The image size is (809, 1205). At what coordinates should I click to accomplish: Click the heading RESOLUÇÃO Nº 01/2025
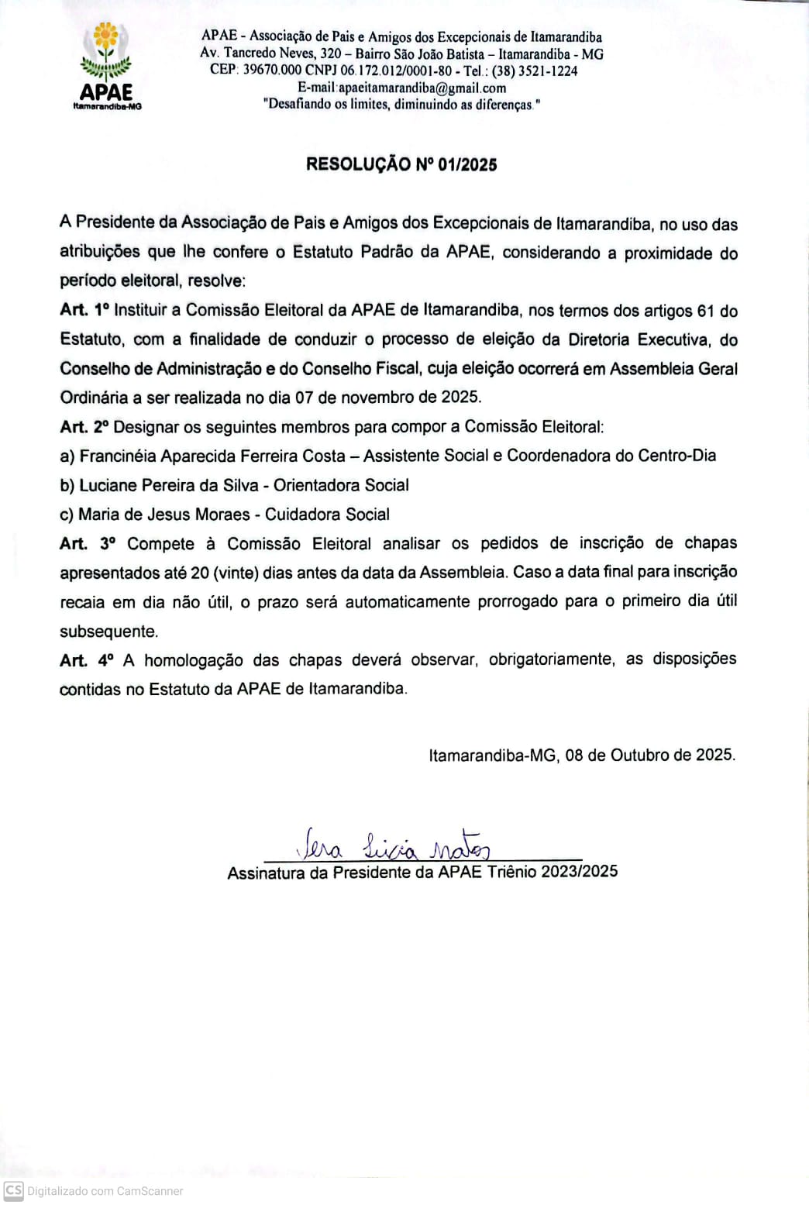point(401,164)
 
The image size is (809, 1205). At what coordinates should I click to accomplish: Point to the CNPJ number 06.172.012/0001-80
point(396,71)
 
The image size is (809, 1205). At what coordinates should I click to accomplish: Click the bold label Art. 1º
point(84,311)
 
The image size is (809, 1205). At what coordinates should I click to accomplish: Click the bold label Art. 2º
point(84,427)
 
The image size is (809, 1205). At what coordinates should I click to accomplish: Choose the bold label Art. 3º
point(87,544)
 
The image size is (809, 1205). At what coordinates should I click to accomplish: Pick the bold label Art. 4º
point(86,660)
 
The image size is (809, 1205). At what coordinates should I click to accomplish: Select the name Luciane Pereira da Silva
point(168,485)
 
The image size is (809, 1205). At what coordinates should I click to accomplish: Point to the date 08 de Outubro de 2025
point(650,755)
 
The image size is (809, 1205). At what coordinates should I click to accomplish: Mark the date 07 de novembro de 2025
point(387,398)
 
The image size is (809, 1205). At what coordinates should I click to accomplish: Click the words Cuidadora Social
point(327,515)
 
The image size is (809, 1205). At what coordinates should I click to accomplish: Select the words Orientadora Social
point(341,485)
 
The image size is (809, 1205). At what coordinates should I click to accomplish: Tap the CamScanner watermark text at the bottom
point(105,1191)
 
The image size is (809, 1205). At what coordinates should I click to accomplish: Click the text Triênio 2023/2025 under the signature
point(553,872)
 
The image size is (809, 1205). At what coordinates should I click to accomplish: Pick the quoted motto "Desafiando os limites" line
point(401,105)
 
